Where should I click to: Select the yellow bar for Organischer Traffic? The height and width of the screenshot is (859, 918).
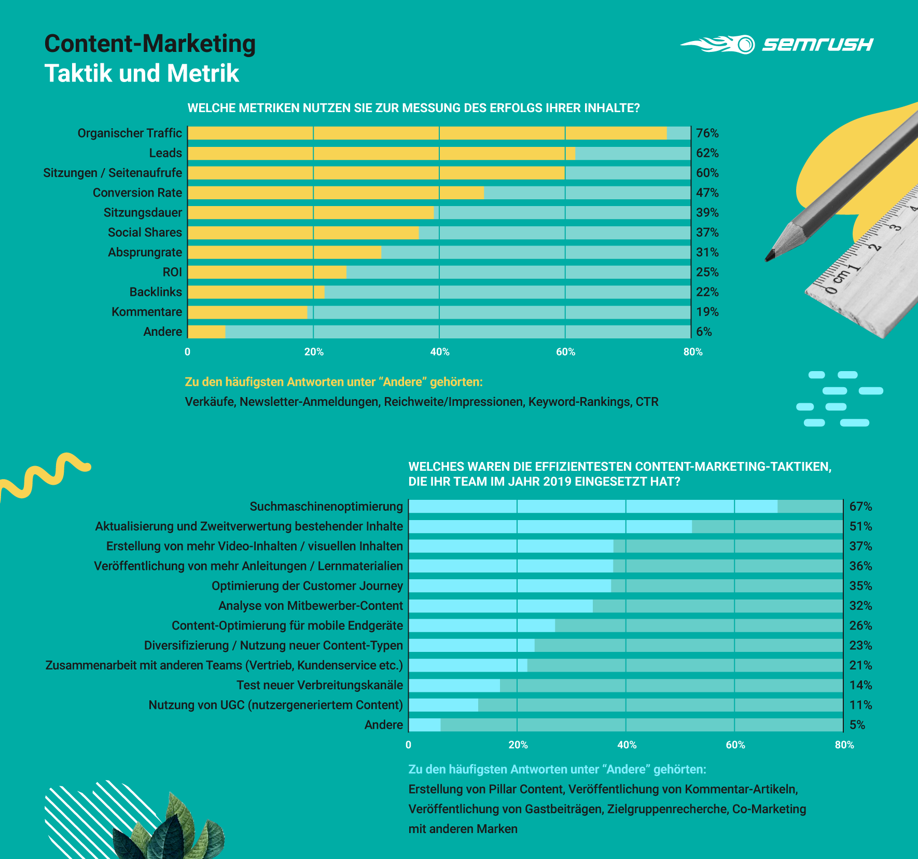426,133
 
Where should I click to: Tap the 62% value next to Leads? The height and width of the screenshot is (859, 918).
707,153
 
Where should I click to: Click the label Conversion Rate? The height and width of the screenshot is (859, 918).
137,193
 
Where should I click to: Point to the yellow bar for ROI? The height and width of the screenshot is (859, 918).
266,272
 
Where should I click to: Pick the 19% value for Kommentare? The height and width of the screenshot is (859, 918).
707,312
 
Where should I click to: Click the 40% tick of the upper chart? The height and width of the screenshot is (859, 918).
440,352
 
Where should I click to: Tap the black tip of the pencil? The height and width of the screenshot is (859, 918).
769,256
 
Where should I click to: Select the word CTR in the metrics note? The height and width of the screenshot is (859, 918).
647,402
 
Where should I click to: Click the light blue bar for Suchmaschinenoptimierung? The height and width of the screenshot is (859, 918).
592,507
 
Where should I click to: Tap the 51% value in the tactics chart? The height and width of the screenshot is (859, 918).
860,526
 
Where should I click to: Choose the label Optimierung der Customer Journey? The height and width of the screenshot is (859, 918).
307,586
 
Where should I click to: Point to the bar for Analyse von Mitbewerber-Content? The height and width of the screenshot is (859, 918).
500,606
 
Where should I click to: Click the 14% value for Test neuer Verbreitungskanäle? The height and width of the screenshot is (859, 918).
860,685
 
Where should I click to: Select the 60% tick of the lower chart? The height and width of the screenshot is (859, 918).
735,745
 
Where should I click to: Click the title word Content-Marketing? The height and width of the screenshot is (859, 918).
150,44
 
